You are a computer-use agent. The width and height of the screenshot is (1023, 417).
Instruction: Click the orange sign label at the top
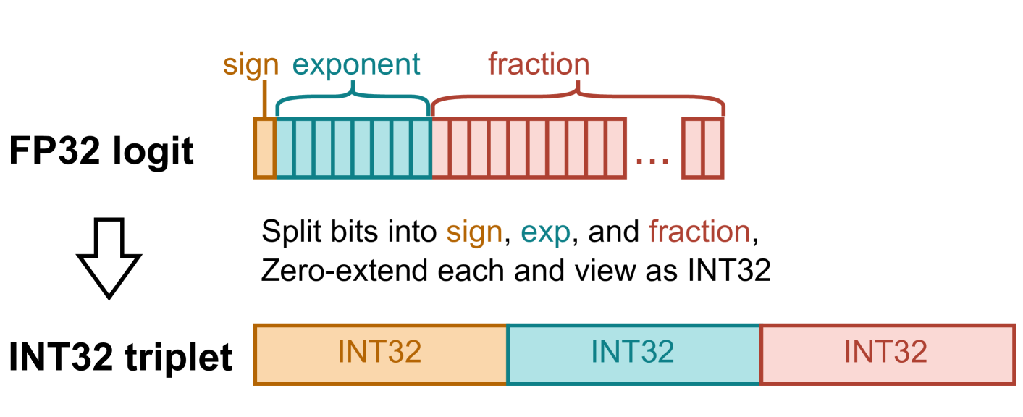(x=251, y=65)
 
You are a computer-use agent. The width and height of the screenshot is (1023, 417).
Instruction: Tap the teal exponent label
(x=355, y=65)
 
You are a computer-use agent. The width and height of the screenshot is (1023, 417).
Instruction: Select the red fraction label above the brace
(x=539, y=65)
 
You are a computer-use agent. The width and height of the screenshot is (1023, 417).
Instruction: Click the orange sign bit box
(x=264, y=148)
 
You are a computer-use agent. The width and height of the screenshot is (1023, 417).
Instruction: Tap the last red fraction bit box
(x=714, y=148)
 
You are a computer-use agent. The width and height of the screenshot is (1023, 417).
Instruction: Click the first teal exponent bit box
(x=286, y=148)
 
